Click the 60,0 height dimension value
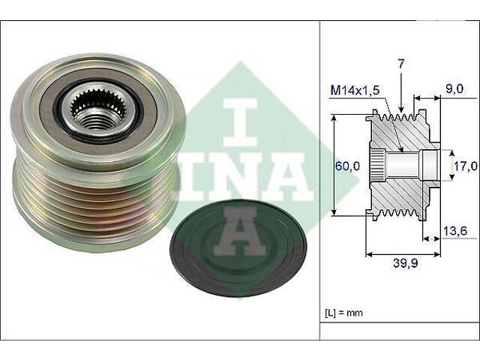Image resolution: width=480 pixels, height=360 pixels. tap(348, 166)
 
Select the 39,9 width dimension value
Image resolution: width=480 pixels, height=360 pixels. tap(406, 263)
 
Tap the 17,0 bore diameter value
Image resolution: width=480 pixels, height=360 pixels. tap(466, 166)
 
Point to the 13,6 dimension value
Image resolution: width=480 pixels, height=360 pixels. tap(455, 231)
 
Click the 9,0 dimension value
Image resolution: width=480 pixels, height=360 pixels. tap(454, 89)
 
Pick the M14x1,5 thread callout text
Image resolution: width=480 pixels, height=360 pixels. tap(355, 90)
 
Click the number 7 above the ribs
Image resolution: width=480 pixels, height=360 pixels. tap(401, 64)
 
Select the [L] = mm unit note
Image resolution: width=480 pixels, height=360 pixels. tap(343, 313)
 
